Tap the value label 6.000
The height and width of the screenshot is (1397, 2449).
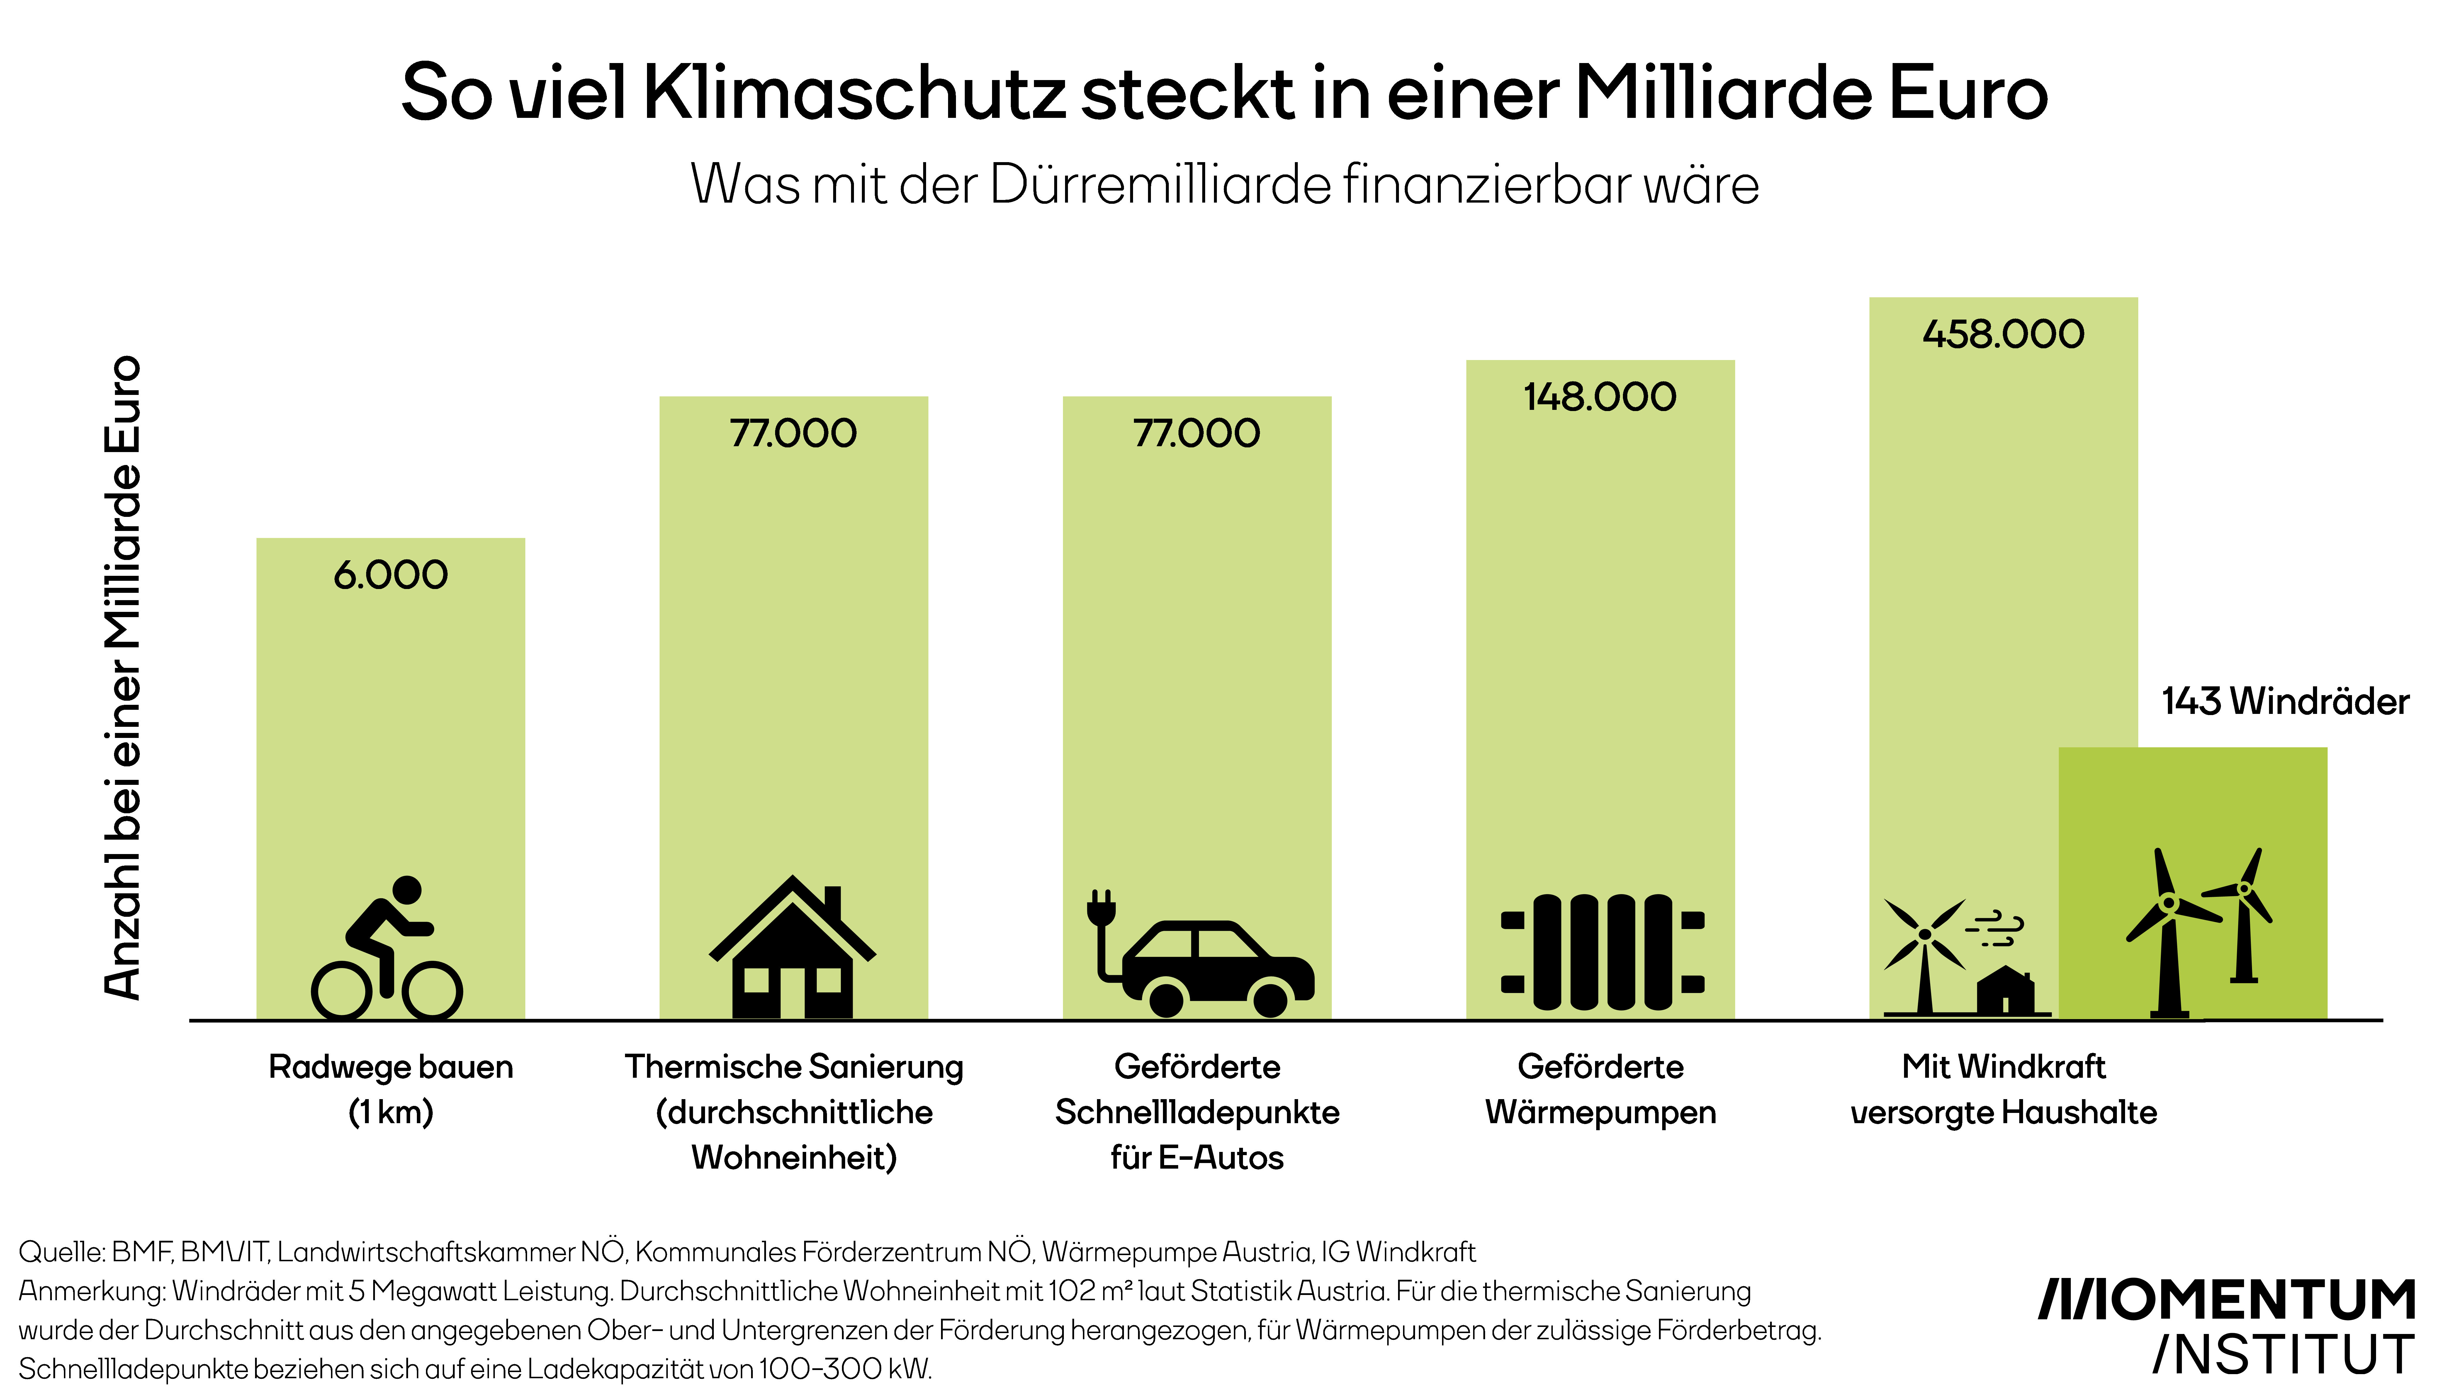pos(390,575)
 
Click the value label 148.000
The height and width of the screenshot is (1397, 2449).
pos(1600,396)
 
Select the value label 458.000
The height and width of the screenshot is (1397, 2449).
pos(2003,334)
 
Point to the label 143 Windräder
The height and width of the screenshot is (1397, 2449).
pos(2285,701)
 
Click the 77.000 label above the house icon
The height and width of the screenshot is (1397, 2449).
pos(793,433)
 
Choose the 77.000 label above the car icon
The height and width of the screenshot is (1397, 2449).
pos(1196,433)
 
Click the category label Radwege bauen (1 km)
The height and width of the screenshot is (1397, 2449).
pos(390,1089)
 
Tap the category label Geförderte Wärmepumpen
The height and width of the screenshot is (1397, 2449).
pos(1600,1089)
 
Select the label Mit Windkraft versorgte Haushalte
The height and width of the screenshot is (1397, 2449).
pos(2003,1089)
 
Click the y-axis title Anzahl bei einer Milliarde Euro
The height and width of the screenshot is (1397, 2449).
pos(123,678)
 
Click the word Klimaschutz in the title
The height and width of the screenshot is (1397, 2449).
pos(854,93)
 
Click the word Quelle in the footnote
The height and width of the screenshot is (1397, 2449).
pos(61,1252)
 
